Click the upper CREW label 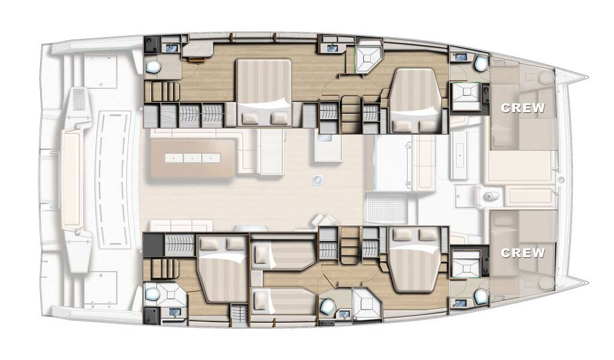[x=523, y=107]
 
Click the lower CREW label [x=523, y=253]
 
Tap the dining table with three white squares [x=192, y=158]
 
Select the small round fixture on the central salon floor [x=317, y=180]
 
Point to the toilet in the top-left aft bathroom [x=153, y=67]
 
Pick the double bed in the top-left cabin [x=264, y=93]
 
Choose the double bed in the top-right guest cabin [x=414, y=101]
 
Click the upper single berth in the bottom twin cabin [x=283, y=255]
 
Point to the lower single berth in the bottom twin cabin [x=283, y=301]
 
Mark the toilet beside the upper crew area [x=481, y=63]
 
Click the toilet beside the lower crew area [x=481, y=297]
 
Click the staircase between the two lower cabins [x=350, y=245]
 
